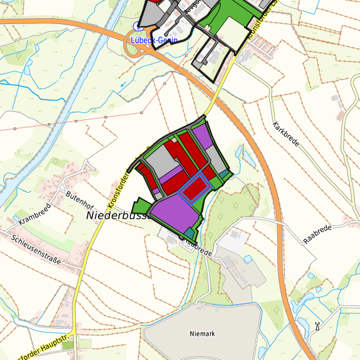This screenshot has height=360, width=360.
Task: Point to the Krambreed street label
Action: pos(33,212)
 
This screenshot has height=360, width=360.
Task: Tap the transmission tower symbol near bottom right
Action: pos(317,327)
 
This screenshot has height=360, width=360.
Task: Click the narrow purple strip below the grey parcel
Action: pos(169,176)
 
